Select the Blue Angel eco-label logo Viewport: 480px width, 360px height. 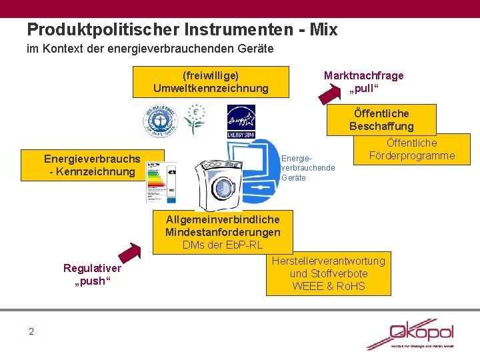158,122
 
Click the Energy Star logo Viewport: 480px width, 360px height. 241,121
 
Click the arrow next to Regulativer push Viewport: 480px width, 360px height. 133,253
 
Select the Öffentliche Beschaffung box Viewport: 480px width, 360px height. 381,120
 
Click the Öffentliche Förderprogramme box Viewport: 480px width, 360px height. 412,149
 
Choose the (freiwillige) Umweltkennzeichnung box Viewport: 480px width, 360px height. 211,82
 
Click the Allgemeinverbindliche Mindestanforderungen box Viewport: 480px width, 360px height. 223,232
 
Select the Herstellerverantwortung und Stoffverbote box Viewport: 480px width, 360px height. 329,274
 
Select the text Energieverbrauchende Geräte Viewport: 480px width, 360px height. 308,168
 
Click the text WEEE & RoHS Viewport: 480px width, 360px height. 329,287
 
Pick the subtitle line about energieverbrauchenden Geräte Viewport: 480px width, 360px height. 150,49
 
